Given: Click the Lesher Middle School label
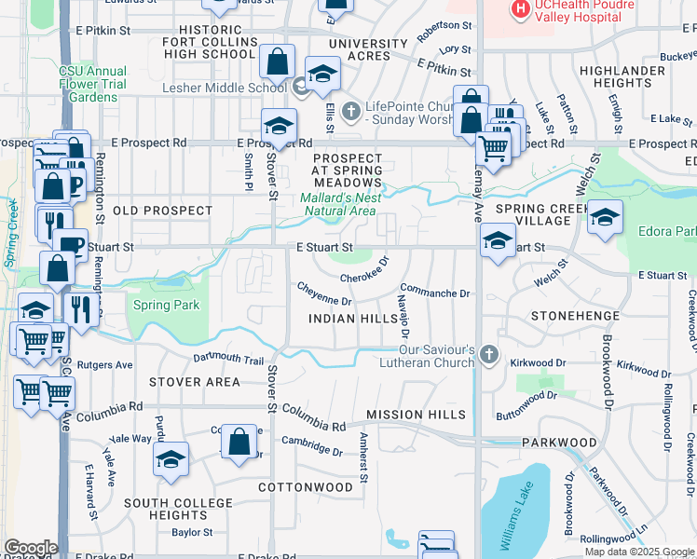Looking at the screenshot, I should [x=224, y=89].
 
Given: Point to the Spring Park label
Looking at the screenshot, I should [x=166, y=305].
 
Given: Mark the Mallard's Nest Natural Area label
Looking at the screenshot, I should [x=337, y=204].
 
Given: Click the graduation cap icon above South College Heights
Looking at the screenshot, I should [x=171, y=459].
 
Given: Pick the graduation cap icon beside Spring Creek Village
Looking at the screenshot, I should [x=605, y=217].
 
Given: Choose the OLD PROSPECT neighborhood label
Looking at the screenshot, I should [x=163, y=211].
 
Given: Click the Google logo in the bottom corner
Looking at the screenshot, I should [x=30, y=548].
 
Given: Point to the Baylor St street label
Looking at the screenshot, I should [x=192, y=533].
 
